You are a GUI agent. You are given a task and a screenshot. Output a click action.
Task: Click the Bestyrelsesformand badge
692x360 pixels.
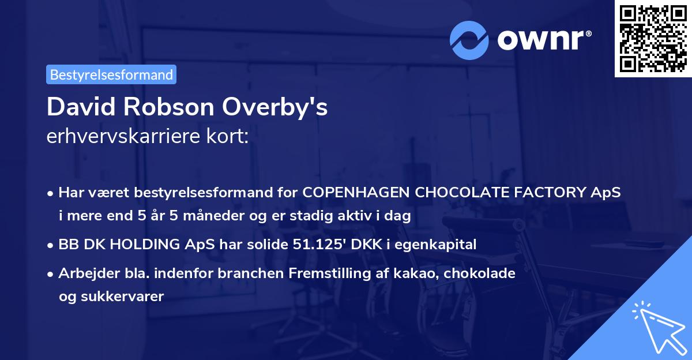point(111,74)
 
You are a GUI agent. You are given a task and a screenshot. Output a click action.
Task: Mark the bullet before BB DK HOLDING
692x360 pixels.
point(51,245)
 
